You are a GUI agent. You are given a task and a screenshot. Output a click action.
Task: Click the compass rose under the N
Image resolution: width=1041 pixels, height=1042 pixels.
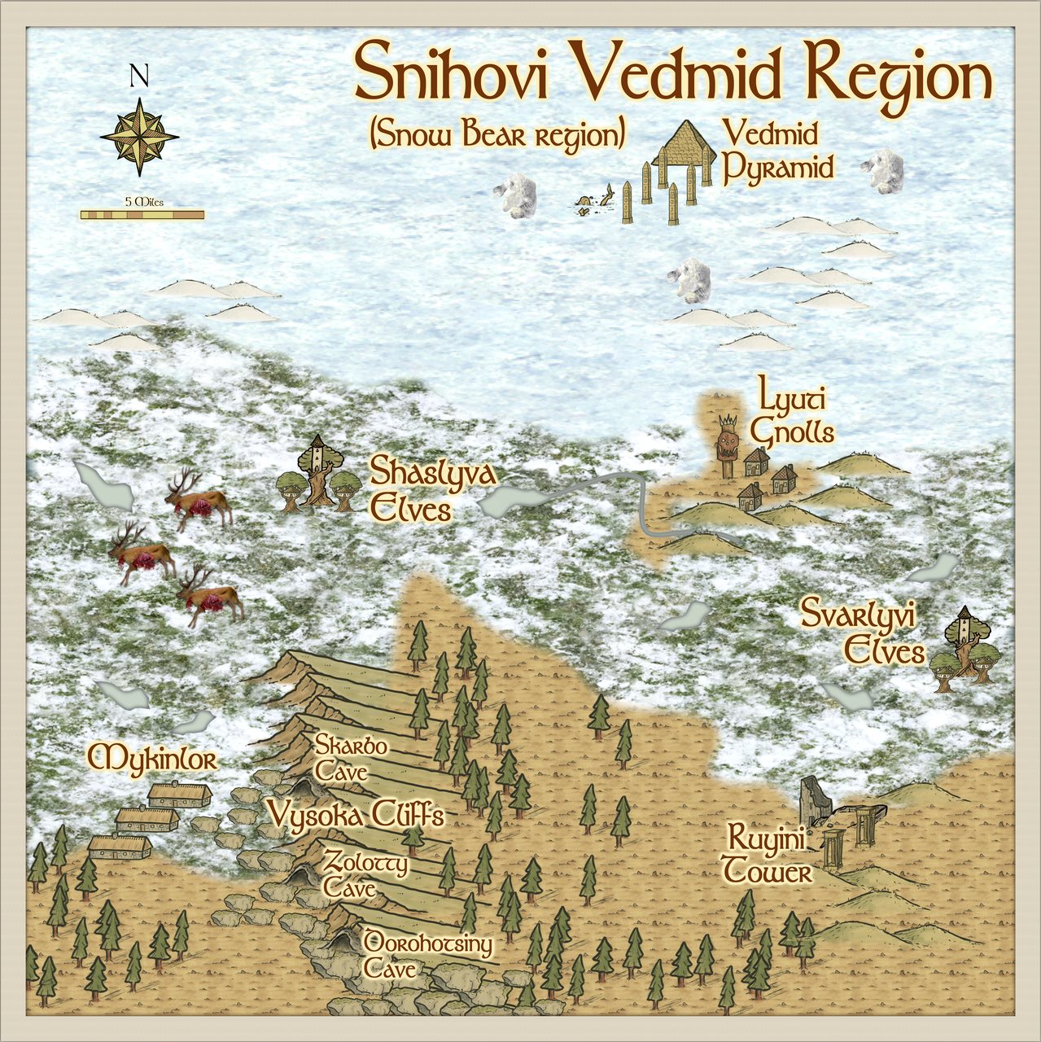click(x=139, y=137)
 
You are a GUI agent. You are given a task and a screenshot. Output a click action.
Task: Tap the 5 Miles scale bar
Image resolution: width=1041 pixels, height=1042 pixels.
click(x=142, y=214)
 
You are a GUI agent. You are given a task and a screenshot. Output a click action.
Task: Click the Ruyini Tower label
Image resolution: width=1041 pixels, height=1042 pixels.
click(x=768, y=855)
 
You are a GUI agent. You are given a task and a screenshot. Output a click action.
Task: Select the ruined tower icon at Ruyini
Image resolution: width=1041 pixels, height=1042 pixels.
click(x=815, y=802)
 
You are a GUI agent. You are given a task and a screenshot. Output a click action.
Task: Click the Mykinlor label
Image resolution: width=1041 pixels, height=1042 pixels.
click(x=152, y=759)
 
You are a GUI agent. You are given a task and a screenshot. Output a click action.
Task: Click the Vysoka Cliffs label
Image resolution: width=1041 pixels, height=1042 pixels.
click(x=356, y=814)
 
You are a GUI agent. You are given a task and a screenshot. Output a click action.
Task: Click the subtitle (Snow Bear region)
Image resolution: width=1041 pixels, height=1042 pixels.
click(x=496, y=135)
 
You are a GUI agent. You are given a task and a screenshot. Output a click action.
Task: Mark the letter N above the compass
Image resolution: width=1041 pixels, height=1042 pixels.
click(x=139, y=76)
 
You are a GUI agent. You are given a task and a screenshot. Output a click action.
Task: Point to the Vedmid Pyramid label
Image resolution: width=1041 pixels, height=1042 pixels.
click(x=778, y=151)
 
